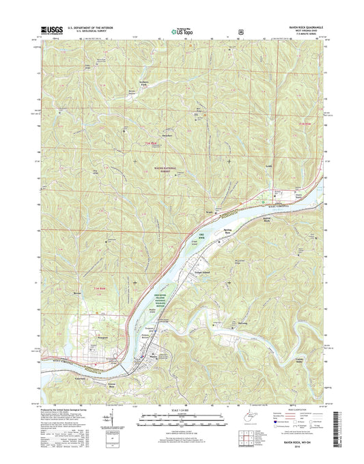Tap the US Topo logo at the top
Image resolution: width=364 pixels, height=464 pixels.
click(182, 30)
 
